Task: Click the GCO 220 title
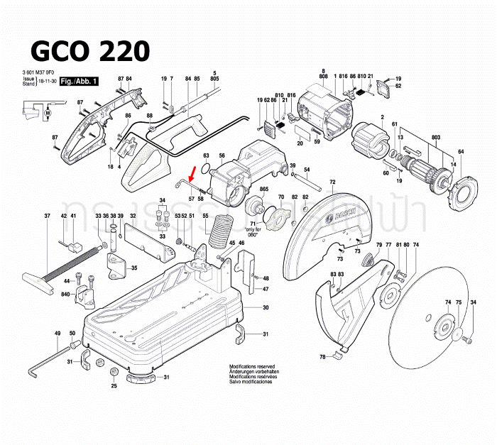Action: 90,50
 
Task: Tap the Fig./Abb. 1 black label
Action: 79,82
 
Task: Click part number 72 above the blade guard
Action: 332,182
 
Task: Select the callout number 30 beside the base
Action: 266,308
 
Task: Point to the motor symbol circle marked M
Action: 48,113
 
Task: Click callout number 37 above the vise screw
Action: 47,216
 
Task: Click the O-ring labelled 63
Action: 205,169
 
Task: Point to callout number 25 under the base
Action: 114,386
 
